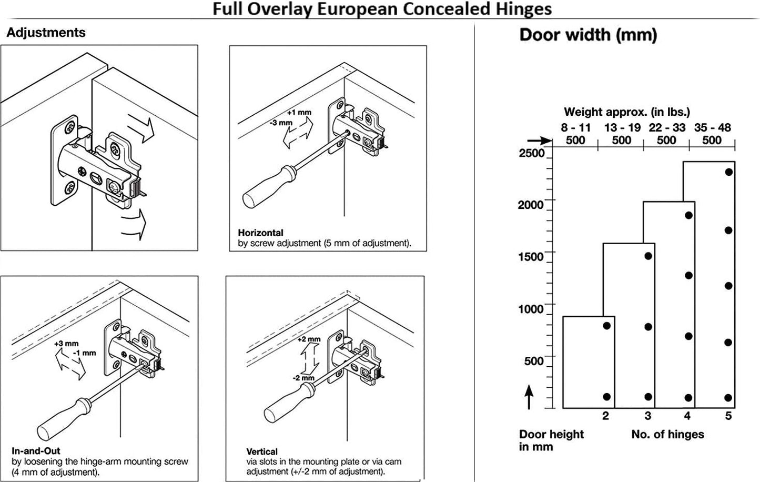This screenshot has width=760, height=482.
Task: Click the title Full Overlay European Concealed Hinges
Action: click(382, 9)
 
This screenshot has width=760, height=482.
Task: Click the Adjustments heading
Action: click(46, 33)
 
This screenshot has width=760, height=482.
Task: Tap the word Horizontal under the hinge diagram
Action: click(260, 233)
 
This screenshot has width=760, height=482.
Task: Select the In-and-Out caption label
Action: click(36, 451)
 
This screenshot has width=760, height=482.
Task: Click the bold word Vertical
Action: click(261, 451)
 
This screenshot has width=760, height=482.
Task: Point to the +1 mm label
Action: click(299, 113)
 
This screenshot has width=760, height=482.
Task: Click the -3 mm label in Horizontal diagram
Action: click(281, 123)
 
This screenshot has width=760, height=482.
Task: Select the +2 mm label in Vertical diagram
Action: click(309, 339)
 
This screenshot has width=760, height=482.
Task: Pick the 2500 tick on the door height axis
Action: click(532, 153)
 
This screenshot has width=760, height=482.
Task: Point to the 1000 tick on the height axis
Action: click(531, 309)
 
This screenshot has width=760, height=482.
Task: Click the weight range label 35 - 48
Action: click(712, 127)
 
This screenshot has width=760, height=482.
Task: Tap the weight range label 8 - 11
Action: click(575, 127)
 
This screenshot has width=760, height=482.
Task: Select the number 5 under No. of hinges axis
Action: click(728, 416)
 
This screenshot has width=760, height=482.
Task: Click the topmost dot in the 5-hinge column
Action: click(728, 172)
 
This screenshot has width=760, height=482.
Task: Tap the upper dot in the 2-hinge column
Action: click(606, 326)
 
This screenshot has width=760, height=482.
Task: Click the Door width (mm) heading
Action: click(588, 35)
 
